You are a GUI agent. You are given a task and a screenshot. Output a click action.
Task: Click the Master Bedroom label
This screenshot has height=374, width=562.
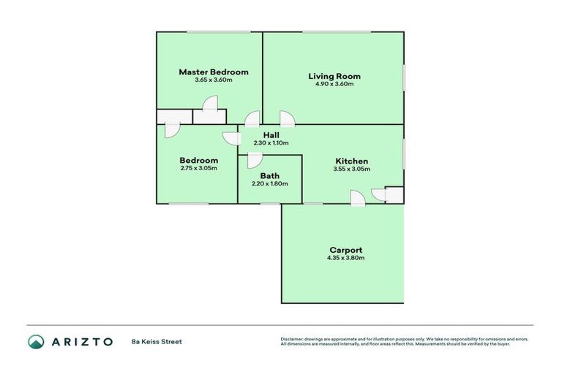(x=214, y=72)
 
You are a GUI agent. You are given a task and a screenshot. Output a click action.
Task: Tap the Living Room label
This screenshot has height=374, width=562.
(x=334, y=76)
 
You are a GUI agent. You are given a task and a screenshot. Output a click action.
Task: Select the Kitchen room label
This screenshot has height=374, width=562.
(x=351, y=161)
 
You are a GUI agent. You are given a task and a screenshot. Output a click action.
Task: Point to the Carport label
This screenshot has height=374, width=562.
(x=345, y=250)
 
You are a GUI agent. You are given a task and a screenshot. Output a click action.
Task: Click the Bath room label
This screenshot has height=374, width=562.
(x=270, y=176)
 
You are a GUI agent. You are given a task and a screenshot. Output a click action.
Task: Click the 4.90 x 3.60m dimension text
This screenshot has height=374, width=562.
(x=334, y=84)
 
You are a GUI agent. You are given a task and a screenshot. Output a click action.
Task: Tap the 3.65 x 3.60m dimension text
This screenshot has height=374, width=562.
(x=214, y=80)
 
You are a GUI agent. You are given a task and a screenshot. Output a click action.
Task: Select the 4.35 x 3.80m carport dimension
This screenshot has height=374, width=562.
(x=345, y=258)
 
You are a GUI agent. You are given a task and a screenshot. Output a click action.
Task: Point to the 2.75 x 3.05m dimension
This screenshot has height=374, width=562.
(x=198, y=168)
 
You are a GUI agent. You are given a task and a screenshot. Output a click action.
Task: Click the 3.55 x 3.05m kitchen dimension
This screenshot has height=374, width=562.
(x=351, y=169)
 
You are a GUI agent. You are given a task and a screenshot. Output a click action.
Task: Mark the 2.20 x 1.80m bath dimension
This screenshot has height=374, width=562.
(x=270, y=183)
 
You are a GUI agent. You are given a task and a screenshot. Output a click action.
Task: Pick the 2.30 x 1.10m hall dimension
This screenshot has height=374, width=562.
(x=271, y=143)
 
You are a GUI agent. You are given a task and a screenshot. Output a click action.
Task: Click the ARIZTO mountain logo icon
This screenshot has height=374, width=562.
(x=36, y=341)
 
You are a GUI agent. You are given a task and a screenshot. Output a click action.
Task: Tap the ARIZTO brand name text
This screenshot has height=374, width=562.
(x=82, y=341)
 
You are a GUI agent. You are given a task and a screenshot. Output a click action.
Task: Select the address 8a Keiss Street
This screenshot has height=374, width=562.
(x=157, y=341)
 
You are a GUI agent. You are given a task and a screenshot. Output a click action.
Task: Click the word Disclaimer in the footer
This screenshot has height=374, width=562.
(x=292, y=339)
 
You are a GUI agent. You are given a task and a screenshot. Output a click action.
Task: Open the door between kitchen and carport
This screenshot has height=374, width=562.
(x=357, y=198)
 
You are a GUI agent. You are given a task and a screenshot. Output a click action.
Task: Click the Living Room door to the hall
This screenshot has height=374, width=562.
(x=286, y=119)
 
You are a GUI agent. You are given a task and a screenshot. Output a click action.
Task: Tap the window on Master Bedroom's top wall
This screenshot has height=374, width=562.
(x=218, y=31)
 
